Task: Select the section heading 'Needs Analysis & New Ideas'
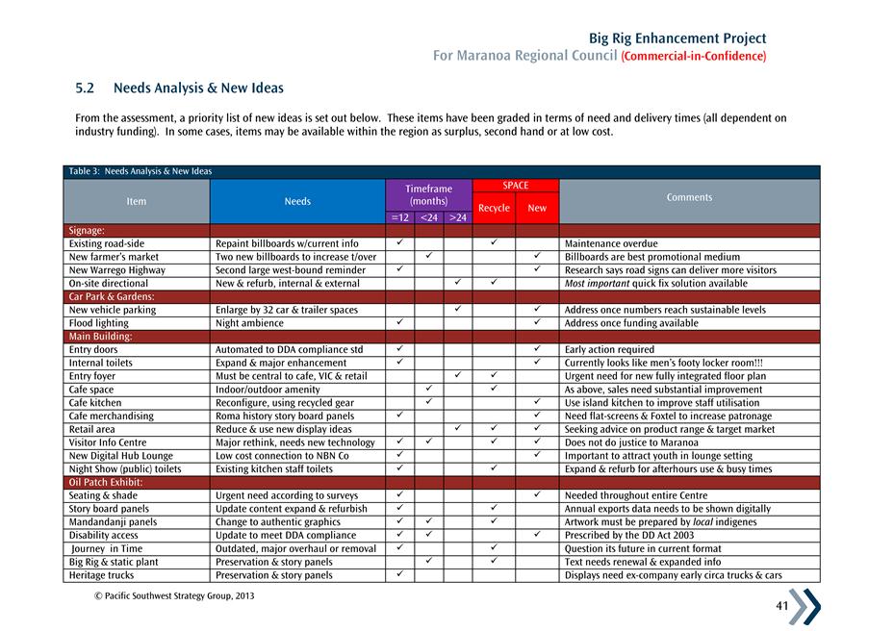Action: tap(198, 88)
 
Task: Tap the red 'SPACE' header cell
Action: tap(515, 186)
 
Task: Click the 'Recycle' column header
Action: tap(494, 208)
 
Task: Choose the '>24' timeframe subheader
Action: tap(457, 218)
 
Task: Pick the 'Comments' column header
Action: tap(689, 197)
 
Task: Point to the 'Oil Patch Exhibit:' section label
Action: tap(106, 482)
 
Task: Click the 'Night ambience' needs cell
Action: tap(250, 323)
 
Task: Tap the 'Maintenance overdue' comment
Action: tap(611, 244)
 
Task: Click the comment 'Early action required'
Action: tap(609, 350)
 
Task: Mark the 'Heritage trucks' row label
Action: tap(101, 575)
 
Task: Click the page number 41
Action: tap(780, 606)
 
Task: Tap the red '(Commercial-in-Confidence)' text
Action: tap(694, 56)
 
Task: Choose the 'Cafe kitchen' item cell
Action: tap(95, 403)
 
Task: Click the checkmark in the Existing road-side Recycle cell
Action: tap(493, 243)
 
